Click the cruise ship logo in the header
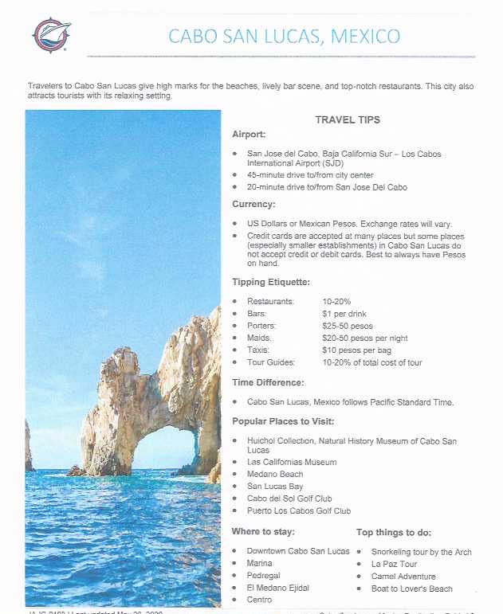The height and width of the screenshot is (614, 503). tap(52, 34)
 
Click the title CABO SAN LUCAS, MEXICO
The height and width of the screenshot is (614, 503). tap(284, 36)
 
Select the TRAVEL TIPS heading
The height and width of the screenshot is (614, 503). tap(348, 119)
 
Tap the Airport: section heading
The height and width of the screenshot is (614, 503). tap(249, 135)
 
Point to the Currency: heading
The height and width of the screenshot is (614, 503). tap(253, 204)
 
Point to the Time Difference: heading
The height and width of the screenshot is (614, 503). tap(268, 382)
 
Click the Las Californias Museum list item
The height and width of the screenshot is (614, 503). tap(292, 462)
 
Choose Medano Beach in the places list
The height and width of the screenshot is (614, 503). tap(275, 475)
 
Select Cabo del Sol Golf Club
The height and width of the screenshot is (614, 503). tap(289, 499)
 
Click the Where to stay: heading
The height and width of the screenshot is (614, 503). tap(263, 532)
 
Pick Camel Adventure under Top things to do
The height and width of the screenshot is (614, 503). tap(403, 576)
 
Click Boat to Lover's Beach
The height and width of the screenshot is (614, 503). tap(411, 589)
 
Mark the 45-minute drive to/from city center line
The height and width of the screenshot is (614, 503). tap(310, 175)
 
